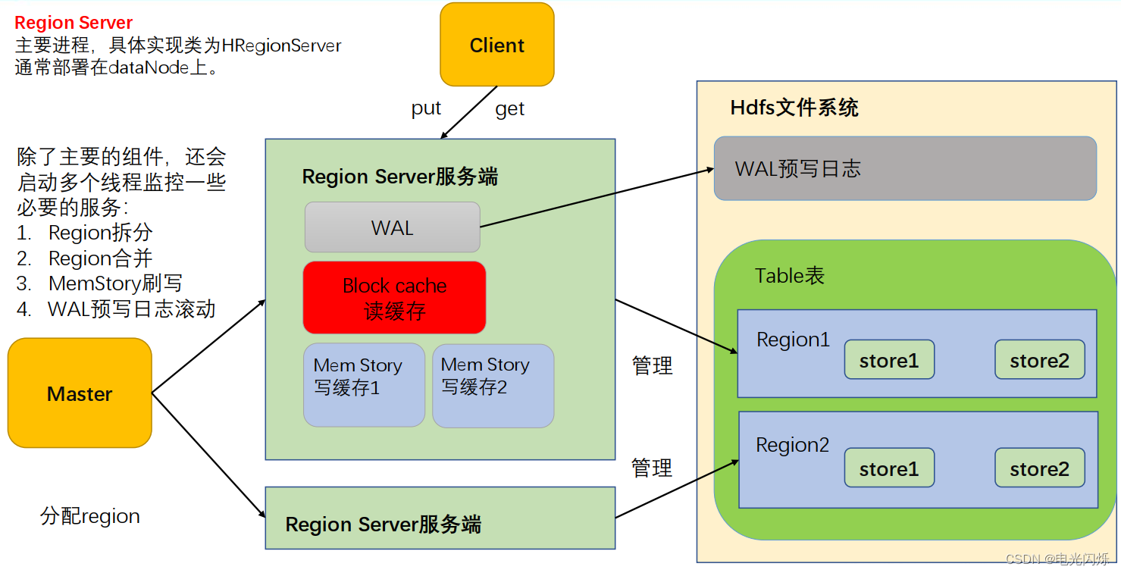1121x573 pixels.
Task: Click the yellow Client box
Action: pos(496,45)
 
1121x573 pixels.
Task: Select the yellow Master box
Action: pos(80,393)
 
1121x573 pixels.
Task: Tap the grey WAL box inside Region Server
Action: pos(392,227)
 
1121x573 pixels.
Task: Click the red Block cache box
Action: pos(394,298)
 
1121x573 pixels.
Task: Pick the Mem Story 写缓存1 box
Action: pos(364,385)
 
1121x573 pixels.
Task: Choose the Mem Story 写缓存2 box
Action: pos(493,385)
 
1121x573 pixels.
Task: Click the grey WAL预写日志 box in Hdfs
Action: pos(905,168)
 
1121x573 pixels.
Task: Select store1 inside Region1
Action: pos(889,360)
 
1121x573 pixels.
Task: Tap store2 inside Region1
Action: pos(1039,360)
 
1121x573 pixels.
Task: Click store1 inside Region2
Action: pos(889,468)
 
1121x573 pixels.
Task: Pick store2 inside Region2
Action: pos(1039,468)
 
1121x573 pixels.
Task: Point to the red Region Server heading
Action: pos(74,23)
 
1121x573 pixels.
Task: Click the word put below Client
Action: pos(426,108)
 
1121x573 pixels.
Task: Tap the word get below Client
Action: pos(509,109)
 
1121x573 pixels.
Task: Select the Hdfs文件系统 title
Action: pos(794,108)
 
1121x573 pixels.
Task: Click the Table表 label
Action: pos(789,275)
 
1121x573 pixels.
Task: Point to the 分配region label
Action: pos(90,516)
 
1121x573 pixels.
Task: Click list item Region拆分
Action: pos(100,232)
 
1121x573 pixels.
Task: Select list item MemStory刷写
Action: pos(115,283)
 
